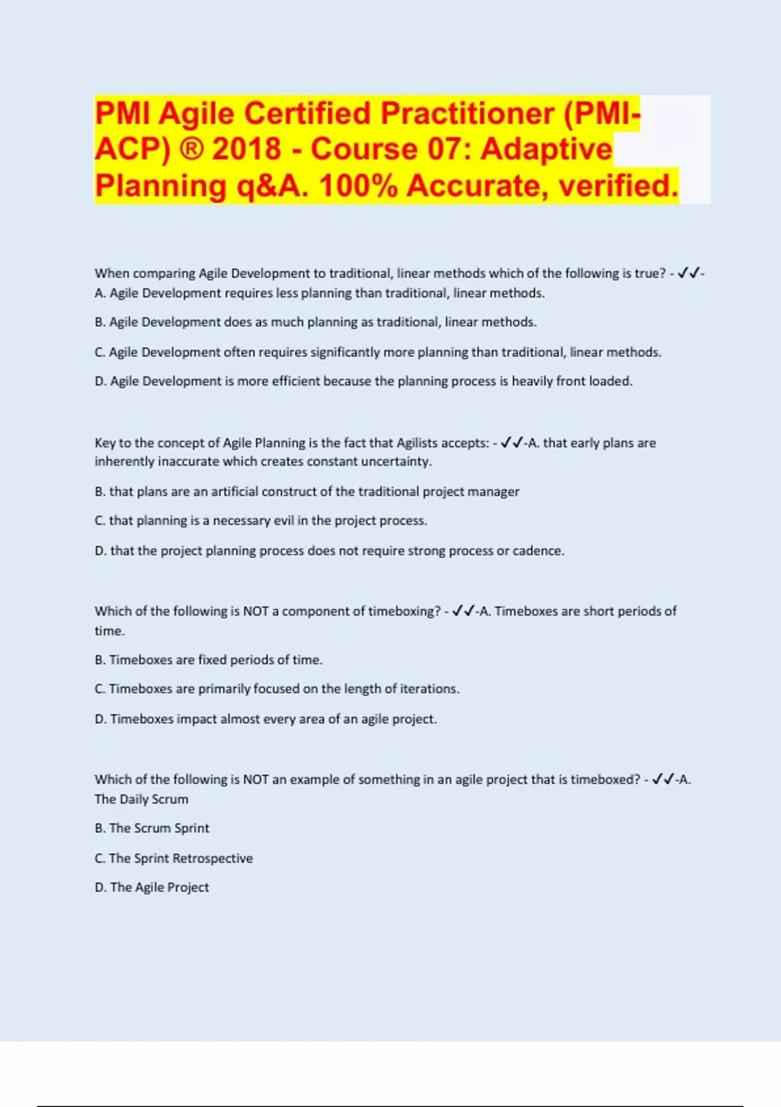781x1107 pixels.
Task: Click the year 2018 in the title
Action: pos(246,149)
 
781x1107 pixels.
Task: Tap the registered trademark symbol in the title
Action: pos(191,149)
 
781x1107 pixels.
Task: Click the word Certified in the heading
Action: pos(307,113)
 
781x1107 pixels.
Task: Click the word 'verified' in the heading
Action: pos(618,186)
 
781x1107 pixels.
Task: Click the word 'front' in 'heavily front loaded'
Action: pos(570,381)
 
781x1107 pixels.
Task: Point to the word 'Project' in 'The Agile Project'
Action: pos(188,888)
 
